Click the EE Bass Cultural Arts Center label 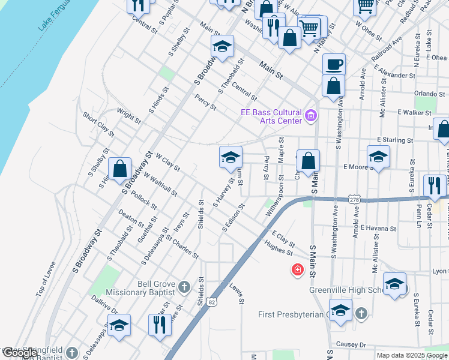coord(270,116)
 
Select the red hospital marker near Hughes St coord(297,270)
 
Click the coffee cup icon coord(334,64)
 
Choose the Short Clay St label coord(98,124)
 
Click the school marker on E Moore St coord(379,157)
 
